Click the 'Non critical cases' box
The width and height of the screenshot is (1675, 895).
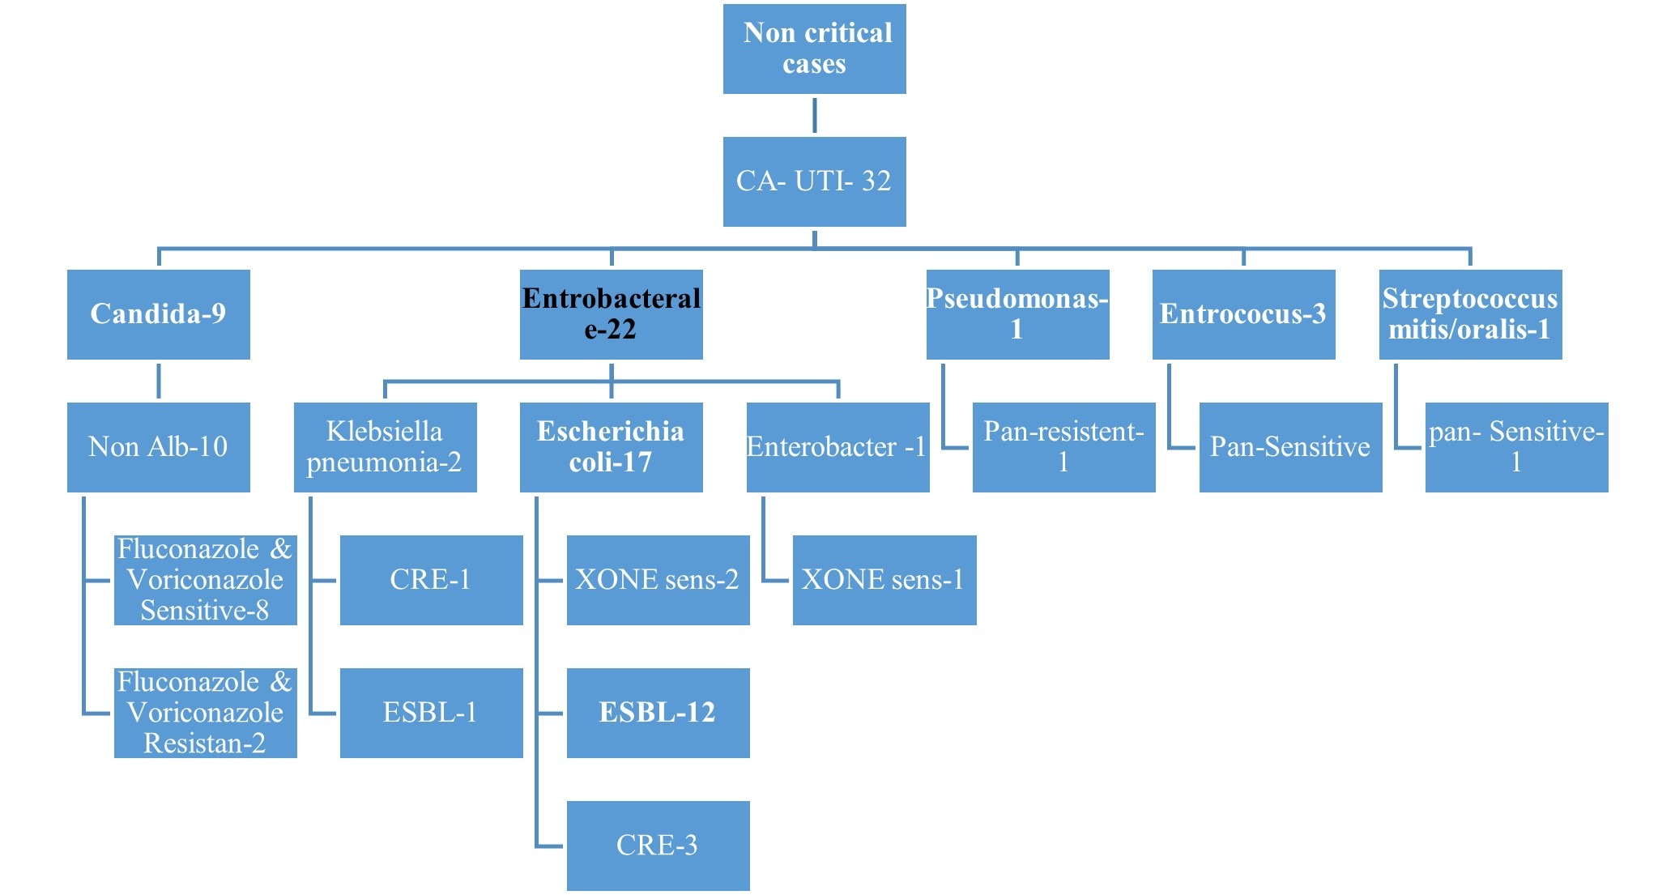(814, 49)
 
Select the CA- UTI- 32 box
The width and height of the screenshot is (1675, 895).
(814, 181)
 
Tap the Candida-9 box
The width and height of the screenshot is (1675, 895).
(158, 314)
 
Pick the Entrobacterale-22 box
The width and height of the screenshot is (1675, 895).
(611, 314)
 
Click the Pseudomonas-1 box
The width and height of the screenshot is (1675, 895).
(1017, 314)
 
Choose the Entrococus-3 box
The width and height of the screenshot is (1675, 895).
(1243, 314)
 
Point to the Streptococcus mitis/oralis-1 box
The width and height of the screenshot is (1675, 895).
(1470, 314)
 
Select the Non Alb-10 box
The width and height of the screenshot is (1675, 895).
(158, 447)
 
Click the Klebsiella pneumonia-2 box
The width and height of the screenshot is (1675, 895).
(385, 447)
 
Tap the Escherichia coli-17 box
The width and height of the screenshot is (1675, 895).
(611, 447)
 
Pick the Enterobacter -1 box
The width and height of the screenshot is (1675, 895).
(837, 447)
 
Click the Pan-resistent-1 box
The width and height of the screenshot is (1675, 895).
(1063, 447)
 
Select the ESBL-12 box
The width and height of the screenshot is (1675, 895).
(658, 713)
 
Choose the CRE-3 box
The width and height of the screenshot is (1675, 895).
(658, 846)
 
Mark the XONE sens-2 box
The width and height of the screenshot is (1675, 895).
(658, 580)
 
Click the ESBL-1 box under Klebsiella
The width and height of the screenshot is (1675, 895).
(431, 713)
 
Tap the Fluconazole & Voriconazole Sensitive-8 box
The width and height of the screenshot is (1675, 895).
(205, 580)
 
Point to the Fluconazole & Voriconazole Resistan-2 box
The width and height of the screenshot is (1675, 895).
(205, 713)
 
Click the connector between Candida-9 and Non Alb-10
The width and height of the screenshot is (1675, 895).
(158, 381)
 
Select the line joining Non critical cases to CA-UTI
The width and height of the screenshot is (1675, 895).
(814, 115)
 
